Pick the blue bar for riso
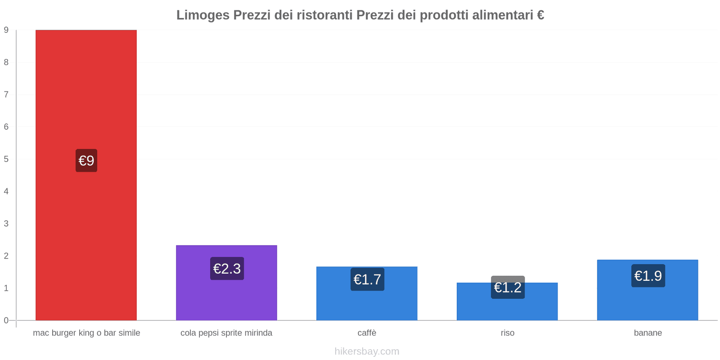click(507, 308)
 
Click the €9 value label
click(86, 161)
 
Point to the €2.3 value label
click(227, 269)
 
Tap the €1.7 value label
click(367, 279)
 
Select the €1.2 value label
click(508, 287)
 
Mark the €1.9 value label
click(648, 276)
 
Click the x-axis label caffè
click(367, 333)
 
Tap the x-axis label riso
click(508, 333)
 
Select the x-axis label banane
click(648, 333)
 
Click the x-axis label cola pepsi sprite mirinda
click(226, 333)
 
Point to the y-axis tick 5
click(6, 159)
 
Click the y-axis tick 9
click(6, 30)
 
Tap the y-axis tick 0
click(6, 320)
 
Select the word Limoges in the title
click(202, 15)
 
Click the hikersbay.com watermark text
click(367, 351)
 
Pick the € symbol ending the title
click(540, 15)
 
